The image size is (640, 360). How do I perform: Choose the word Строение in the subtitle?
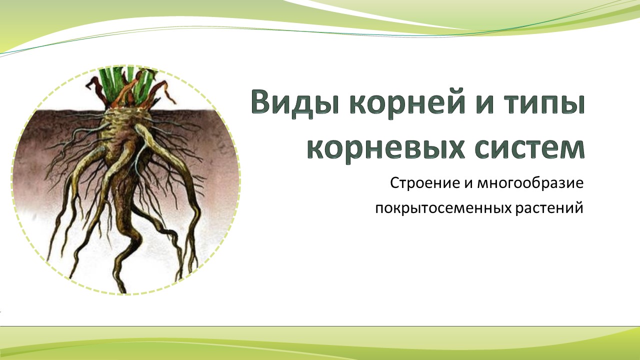425,183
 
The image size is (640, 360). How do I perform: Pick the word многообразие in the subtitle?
530,183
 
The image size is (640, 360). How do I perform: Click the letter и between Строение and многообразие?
468,183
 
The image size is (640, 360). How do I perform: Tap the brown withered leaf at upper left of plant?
95,88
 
